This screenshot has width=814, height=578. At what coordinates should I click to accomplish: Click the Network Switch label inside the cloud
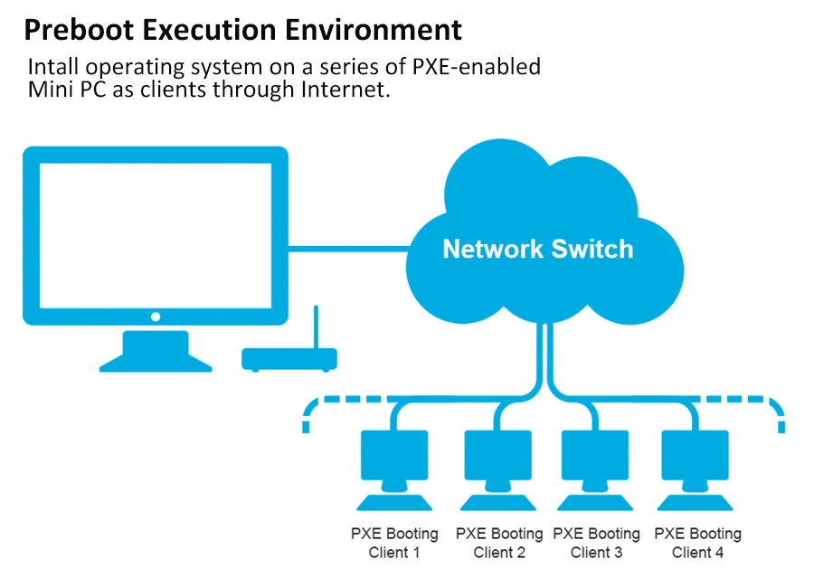(x=537, y=249)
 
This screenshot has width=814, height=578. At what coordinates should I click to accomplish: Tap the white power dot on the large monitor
(x=156, y=317)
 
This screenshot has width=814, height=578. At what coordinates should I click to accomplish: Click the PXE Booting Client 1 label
(x=394, y=543)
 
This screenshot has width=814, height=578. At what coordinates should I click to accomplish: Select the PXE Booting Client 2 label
(x=499, y=543)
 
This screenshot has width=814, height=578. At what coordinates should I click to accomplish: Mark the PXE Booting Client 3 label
(x=596, y=543)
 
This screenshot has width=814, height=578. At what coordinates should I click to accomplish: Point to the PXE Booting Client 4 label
(x=697, y=543)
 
